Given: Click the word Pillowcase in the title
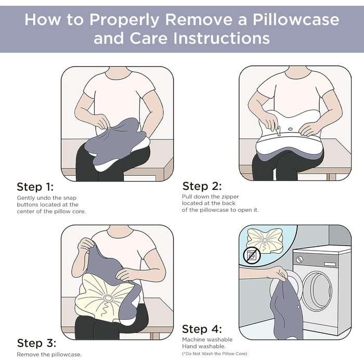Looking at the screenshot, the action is coord(296,20).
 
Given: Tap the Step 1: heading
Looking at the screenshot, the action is coord(35,187).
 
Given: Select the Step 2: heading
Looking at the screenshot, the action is coord(202,186).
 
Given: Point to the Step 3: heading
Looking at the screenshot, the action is coord(36,343).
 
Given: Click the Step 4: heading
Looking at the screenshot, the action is coord(202,329).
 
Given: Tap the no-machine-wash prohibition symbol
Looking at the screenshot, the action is coord(252,256).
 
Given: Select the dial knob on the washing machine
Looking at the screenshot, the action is coord(300,259).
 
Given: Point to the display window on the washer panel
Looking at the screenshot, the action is coord(330,264).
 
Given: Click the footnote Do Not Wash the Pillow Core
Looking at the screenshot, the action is coord(215,354).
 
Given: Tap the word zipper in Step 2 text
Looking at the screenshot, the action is coord(230,197).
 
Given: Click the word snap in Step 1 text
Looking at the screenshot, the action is coord(70,198).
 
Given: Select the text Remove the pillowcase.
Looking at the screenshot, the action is coord(49,355).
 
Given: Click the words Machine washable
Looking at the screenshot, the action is coord(207,340).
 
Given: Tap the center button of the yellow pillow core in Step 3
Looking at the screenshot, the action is coord(108,298).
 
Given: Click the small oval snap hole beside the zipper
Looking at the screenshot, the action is coord(290,129).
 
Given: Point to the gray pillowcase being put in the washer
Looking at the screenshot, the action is coord(288,309).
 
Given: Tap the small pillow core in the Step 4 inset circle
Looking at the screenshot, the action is coord(265,240).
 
